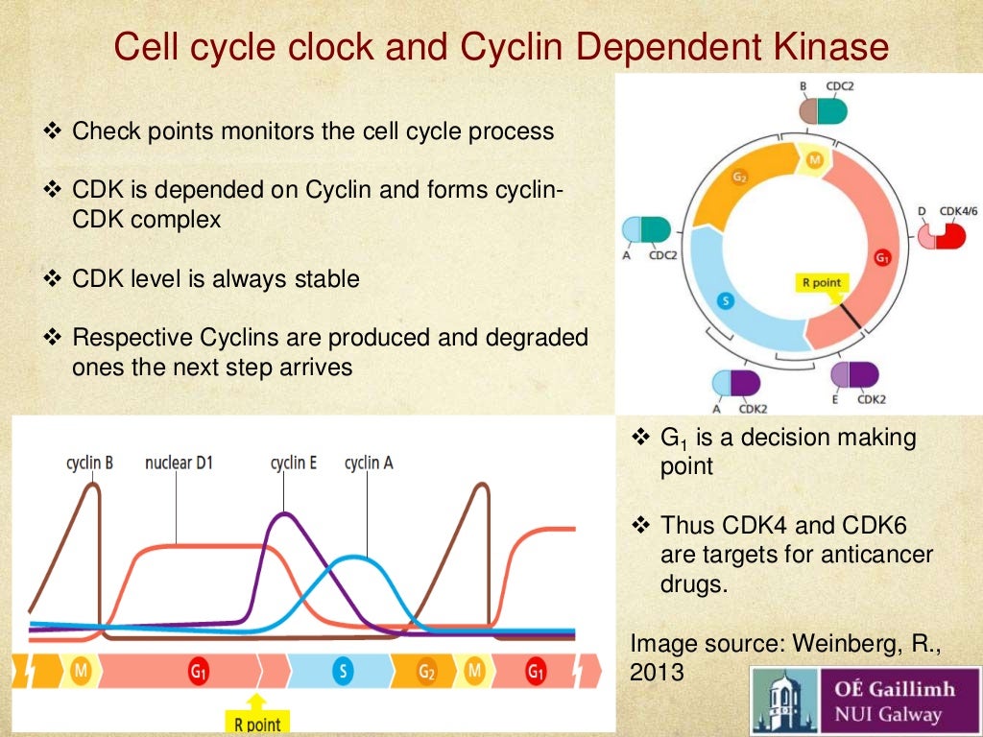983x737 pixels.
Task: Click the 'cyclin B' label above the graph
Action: pyautogui.click(x=89, y=464)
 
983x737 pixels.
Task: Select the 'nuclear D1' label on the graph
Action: pyautogui.click(x=179, y=464)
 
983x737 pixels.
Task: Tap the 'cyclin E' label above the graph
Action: pyautogui.click(x=293, y=464)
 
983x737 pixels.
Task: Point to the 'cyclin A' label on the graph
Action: pyautogui.click(x=369, y=464)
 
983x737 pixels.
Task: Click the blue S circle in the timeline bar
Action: pyautogui.click(x=342, y=672)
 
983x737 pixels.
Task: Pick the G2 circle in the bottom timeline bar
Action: pyautogui.click(x=427, y=672)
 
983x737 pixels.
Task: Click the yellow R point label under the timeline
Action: pyautogui.click(x=258, y=723)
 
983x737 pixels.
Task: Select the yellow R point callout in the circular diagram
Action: pyautogui.click(x=822, y=283)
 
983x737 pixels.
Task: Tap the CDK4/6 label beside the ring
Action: pyautogui.click(x=957, y=211)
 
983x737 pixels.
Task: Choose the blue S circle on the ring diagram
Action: pyautogui.click(x=726, y=302)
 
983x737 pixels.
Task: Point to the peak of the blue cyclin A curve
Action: pyautogui.click(x=355, y=558)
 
